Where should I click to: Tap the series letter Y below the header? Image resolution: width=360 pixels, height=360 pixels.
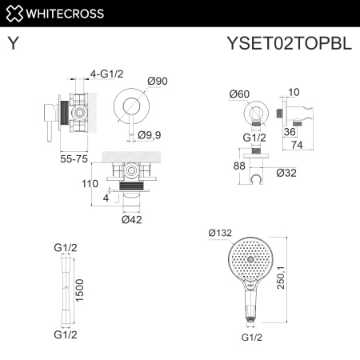point(14,46)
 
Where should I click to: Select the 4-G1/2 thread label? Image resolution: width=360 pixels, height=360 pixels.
point(106,74)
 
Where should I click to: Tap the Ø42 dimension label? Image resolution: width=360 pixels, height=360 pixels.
point(132,219)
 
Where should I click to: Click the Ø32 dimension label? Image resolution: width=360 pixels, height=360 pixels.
point(288,172)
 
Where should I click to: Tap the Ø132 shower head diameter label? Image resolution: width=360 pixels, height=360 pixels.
point(220,233)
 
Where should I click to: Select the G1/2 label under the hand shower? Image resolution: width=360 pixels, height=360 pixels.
point(250,338)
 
